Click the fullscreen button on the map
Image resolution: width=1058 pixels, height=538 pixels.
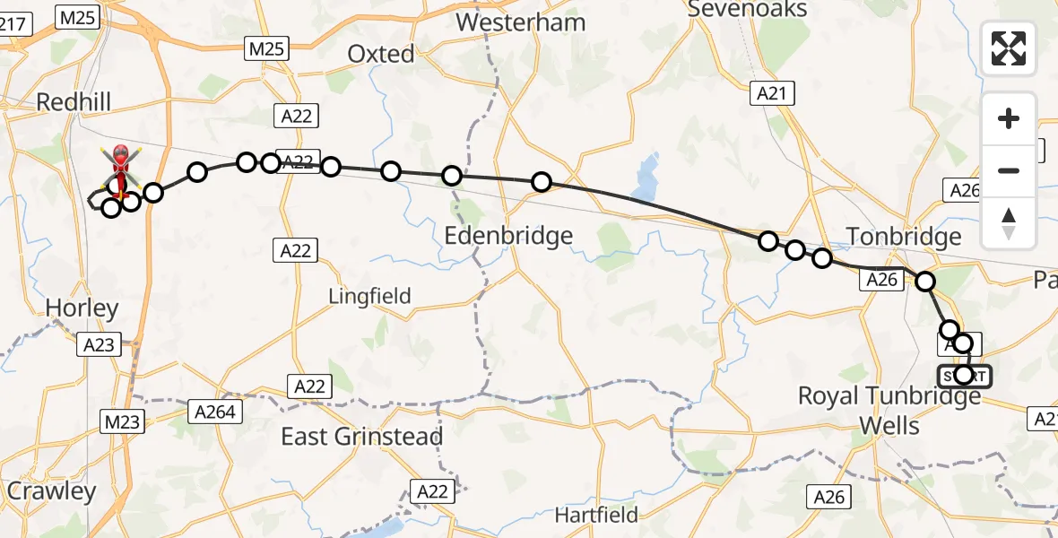coord(1009,48)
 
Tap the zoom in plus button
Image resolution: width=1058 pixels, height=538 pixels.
coord(1009,118)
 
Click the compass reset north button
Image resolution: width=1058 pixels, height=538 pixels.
coord(1009,223)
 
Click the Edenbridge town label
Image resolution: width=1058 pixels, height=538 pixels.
coord(509,237)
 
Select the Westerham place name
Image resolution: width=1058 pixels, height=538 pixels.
coord(521,22)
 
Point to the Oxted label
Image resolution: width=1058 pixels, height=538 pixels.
coord(381,54)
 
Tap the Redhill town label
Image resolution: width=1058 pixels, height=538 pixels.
coord(74,102)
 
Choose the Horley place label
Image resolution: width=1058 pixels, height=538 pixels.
coord(82,308)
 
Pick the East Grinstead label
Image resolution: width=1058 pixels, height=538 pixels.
coord(362,437)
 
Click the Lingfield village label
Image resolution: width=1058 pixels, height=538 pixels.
coord(369,296)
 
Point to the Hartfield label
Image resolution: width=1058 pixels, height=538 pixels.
coord(596,515)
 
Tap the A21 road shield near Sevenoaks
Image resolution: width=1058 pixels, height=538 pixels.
coord(771,91)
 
